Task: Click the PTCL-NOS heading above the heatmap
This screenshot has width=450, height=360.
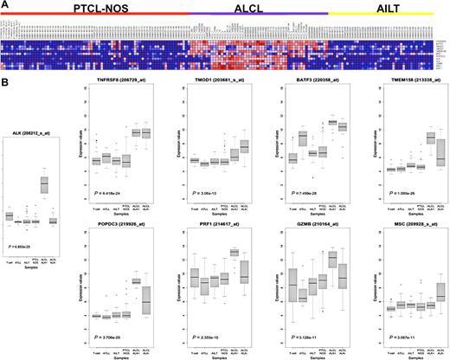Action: tap(91, 8)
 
